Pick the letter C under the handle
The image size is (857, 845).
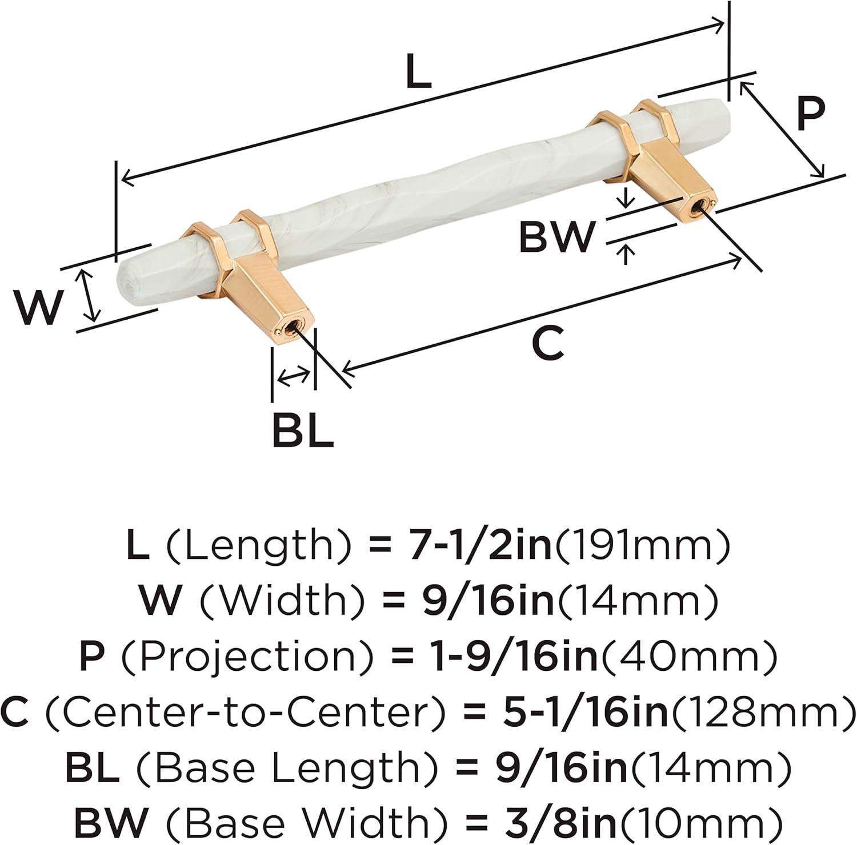tap(547, 344)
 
